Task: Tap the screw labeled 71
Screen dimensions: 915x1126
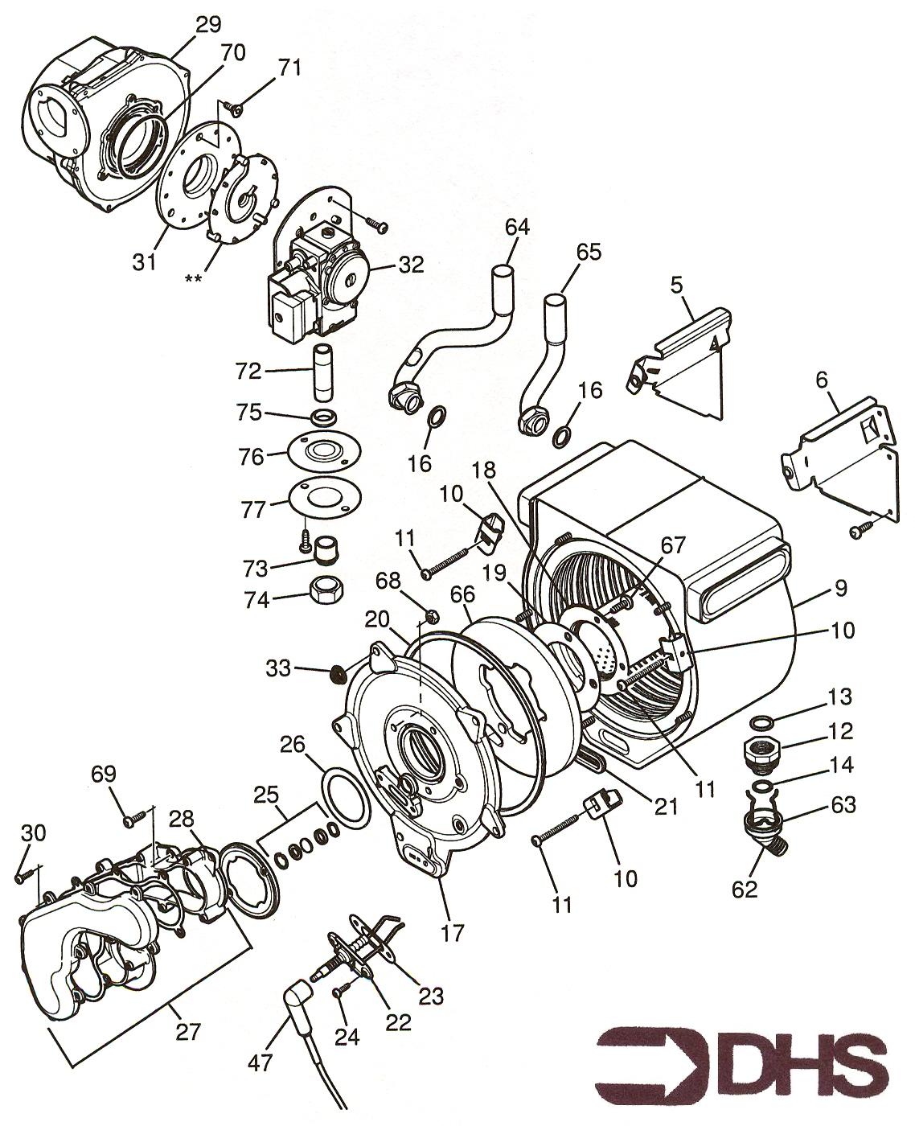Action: [x=233, y=108]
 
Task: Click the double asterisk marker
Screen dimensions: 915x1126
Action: [x=193, y=278]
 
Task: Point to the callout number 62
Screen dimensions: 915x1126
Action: [x=745, y=889]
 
